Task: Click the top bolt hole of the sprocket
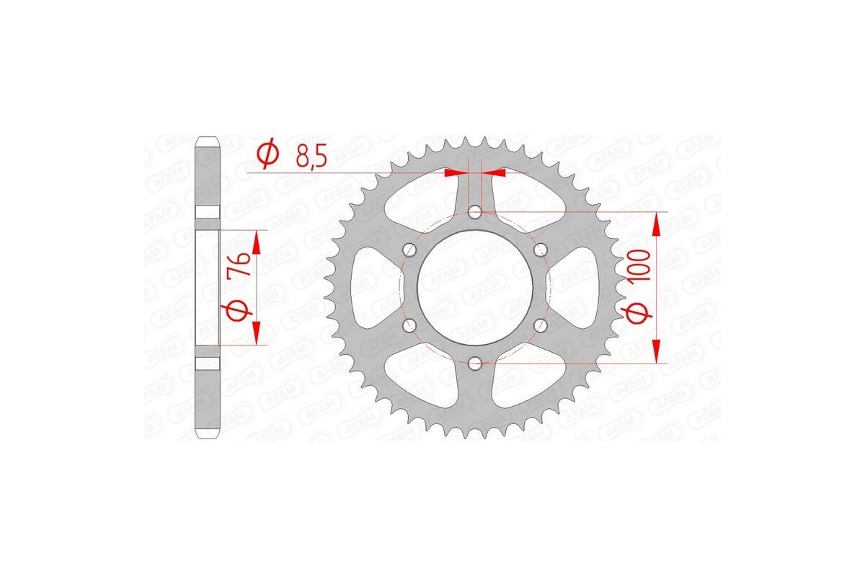475,212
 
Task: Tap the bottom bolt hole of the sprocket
475,364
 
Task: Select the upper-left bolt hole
410,250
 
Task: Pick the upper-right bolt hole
540,250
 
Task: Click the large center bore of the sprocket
475,288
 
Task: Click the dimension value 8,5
312,155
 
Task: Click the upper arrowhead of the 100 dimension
656,223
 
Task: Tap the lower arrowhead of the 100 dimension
656,353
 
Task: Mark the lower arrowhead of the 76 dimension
256,334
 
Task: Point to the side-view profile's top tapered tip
207,140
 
